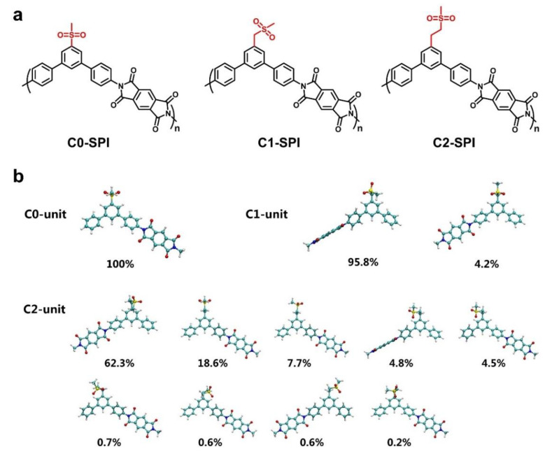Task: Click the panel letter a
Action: [18, 13]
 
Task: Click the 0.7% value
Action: [121, 441]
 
